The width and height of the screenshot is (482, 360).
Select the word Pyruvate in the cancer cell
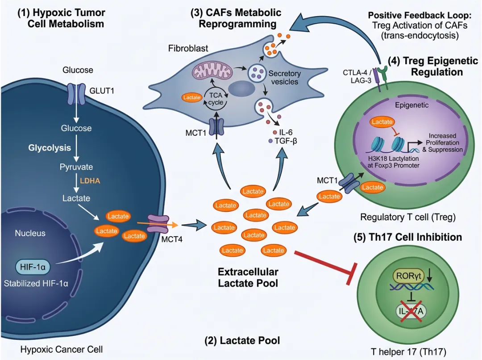point(77,167)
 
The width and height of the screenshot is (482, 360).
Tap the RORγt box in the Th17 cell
point(405,276)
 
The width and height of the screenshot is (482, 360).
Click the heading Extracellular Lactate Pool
point(248,277)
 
